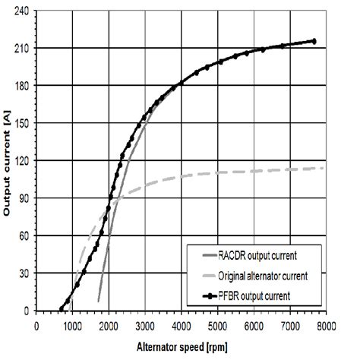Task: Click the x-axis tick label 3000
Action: [x=145, y=324]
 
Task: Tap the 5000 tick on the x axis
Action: [x=217, y=324]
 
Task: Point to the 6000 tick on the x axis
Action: [x=253, y=324]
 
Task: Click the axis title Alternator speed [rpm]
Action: [x=182, y=343]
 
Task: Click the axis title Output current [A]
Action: [x=8, y=163]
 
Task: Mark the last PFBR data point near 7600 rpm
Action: [x=313, y=41]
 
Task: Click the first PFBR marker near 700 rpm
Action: [x=62, y=308]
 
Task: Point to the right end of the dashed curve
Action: [x=325, y=167]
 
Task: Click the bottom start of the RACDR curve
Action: [x=98, y=302]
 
